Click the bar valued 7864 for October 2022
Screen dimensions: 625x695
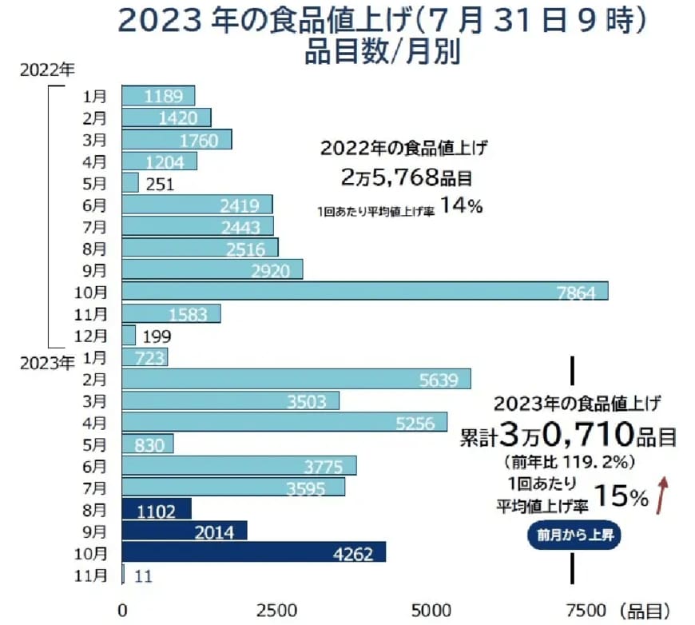coord(364,291)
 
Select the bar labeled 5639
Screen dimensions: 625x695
coord(296,379)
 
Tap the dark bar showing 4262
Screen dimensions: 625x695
coord(253,552)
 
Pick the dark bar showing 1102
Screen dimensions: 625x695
coord(157,509)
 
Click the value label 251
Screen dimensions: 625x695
coord(161,183)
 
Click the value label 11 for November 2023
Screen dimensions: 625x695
coord(144,575)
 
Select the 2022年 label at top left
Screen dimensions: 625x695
coord(45,69)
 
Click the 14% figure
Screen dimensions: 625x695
coord(461,206)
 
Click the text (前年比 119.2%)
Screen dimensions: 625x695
coord(569,461)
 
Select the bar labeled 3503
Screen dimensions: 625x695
coord(230,400)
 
